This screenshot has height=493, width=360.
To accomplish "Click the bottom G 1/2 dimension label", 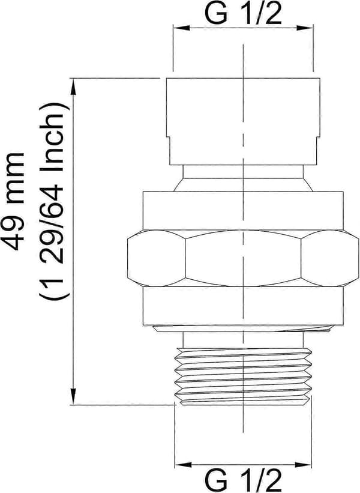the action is (x=243, y=481).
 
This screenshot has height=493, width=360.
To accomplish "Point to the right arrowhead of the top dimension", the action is (x=305, y=28).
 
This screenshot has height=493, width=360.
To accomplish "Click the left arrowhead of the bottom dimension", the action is (x=183, y=465).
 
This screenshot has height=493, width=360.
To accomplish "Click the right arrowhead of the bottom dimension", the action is (x=303, y=465).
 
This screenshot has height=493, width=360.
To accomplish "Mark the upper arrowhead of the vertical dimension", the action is (x=74, y=86).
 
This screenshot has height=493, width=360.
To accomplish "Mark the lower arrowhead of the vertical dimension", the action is (x=74, y=396).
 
